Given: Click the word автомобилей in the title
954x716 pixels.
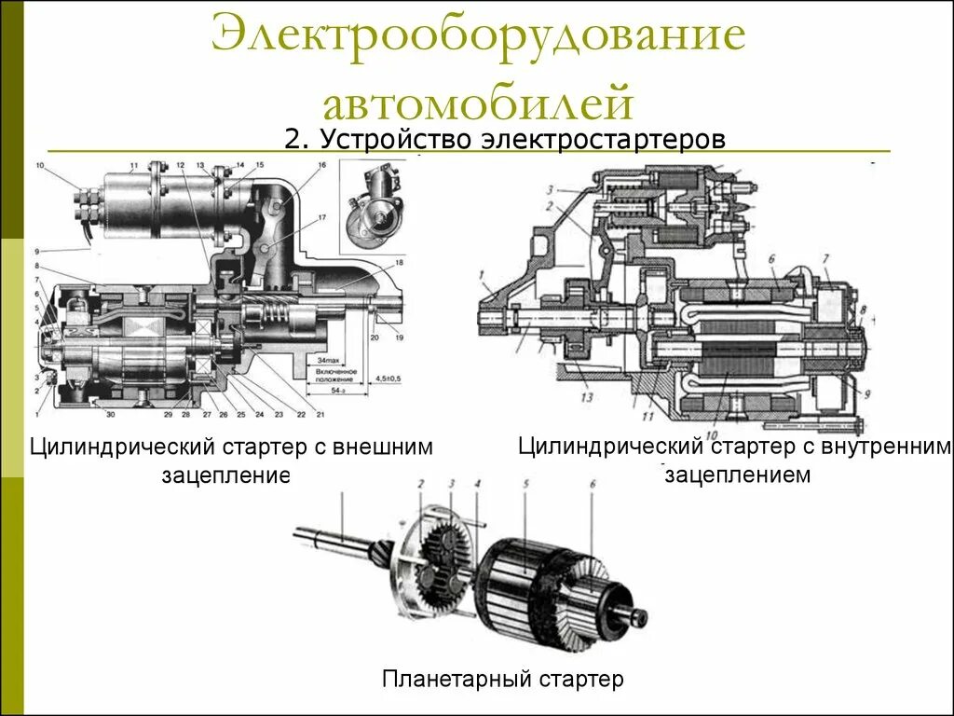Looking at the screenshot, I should pyautogui.click(x=477, y=101).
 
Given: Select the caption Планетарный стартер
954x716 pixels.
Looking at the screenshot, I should pyautogui.click(x=502, y=679).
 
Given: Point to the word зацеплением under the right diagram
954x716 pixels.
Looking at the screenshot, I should pyautogui.click(x=737, y=474).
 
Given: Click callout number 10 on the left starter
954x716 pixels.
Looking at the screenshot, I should pyautogui.click(x=39, y=166).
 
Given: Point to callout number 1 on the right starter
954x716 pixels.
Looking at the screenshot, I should pyautogui.click(x=484, y=273).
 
